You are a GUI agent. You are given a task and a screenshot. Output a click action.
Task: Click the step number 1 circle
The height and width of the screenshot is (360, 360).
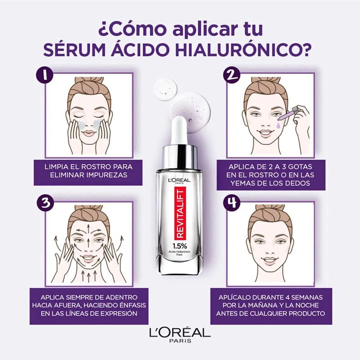click(x=45, y=75)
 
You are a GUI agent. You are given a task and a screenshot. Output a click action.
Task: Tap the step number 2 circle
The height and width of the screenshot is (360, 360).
click(x=232, y=75)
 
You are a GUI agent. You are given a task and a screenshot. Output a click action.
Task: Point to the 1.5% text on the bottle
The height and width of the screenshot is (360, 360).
click(x=180, y=246)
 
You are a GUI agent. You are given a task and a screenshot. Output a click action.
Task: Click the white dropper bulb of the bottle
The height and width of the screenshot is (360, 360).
click(x=180, y=129)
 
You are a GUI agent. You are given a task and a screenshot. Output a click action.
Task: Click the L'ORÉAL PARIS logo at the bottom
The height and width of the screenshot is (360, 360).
click(x=180, y=335)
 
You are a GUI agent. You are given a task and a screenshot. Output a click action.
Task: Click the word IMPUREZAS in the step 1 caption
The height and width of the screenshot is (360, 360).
click(x=108, y=175)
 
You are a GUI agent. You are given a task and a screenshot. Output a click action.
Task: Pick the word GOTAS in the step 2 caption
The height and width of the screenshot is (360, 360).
click(x=300, y=166)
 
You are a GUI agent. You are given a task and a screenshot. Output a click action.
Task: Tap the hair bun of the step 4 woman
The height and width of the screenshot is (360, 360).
click(x=270, y=208)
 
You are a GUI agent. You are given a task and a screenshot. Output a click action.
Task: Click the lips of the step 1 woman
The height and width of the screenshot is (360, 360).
click(x=89, y=133)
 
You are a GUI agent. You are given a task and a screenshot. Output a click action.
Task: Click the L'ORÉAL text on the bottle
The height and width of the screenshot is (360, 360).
click(x=180, y=180)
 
